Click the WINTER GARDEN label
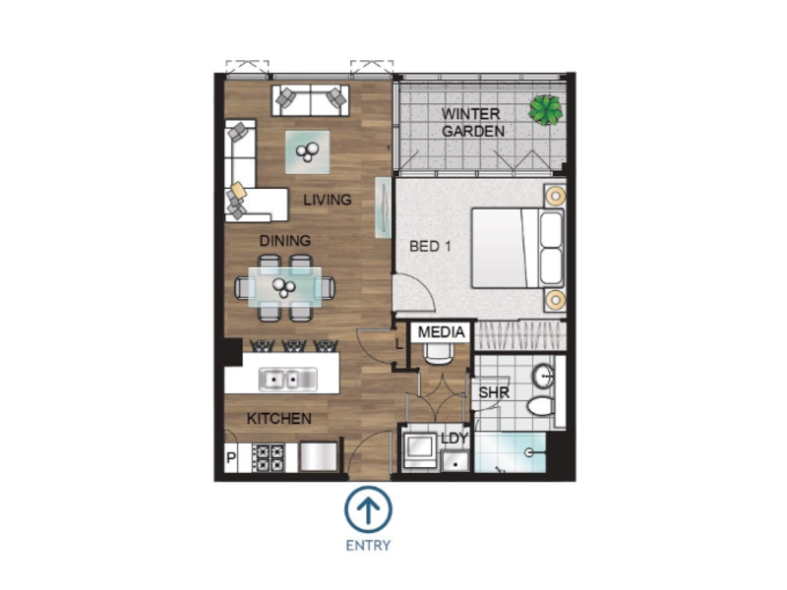click(473, 122)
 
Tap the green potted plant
click(545, 110)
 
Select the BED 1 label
click(430, 247)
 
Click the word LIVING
click(328, 200)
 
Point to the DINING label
click(284, 241)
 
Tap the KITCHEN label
click(279, 419)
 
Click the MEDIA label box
click(441, 332)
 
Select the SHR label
click(494, 392)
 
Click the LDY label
click(454, 438)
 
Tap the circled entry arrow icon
click(368, 509)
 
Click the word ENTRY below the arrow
click(368, 546)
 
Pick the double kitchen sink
click(287, 380)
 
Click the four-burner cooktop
click(269, 458)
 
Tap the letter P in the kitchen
click(231, 457)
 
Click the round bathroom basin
click(544, 376)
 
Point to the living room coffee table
click(308, 152)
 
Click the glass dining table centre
click(284, 287)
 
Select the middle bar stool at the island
click(293, 346)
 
